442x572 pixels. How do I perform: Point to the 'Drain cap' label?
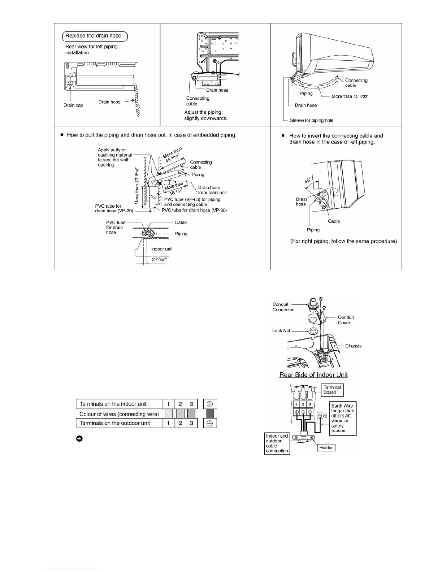pyautogui.click(x=73, y=105)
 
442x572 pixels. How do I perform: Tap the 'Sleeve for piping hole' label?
pyautogui.click(x=312, y=120)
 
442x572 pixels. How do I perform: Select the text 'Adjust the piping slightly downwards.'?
pyautogui.click(x=205, y=115)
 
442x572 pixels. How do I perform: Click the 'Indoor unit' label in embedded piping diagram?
pyautogui.click(x=162, y=249)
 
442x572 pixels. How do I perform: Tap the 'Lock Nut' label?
pyautogui.click(x=281, y=331)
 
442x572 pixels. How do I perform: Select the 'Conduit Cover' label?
pyautogui.click(x=346, y=320)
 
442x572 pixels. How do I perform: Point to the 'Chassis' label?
pyautogui.click(x=353, y=346)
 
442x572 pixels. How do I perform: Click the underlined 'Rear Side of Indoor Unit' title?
pyautogui.click(x=313, y=375)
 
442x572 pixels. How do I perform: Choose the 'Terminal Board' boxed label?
pyautogui.click(x=332, y=390)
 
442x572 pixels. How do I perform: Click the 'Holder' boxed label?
pyautogui.click(x=326, y=447)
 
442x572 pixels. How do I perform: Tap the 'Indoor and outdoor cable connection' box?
pyautogui.click(x=277, y=443)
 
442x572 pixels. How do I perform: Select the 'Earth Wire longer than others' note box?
pyautogui.click(x=343, y=418)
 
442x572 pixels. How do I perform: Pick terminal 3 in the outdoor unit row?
pyautogui.click(x=191, y=423)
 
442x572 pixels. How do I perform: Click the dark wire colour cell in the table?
pyautogui.click(x=210, y=413)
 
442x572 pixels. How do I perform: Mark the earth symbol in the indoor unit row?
pyautogui.click(x=210, y=404)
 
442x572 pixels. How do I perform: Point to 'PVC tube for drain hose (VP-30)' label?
pyautogui.click(x=194, y=210)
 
